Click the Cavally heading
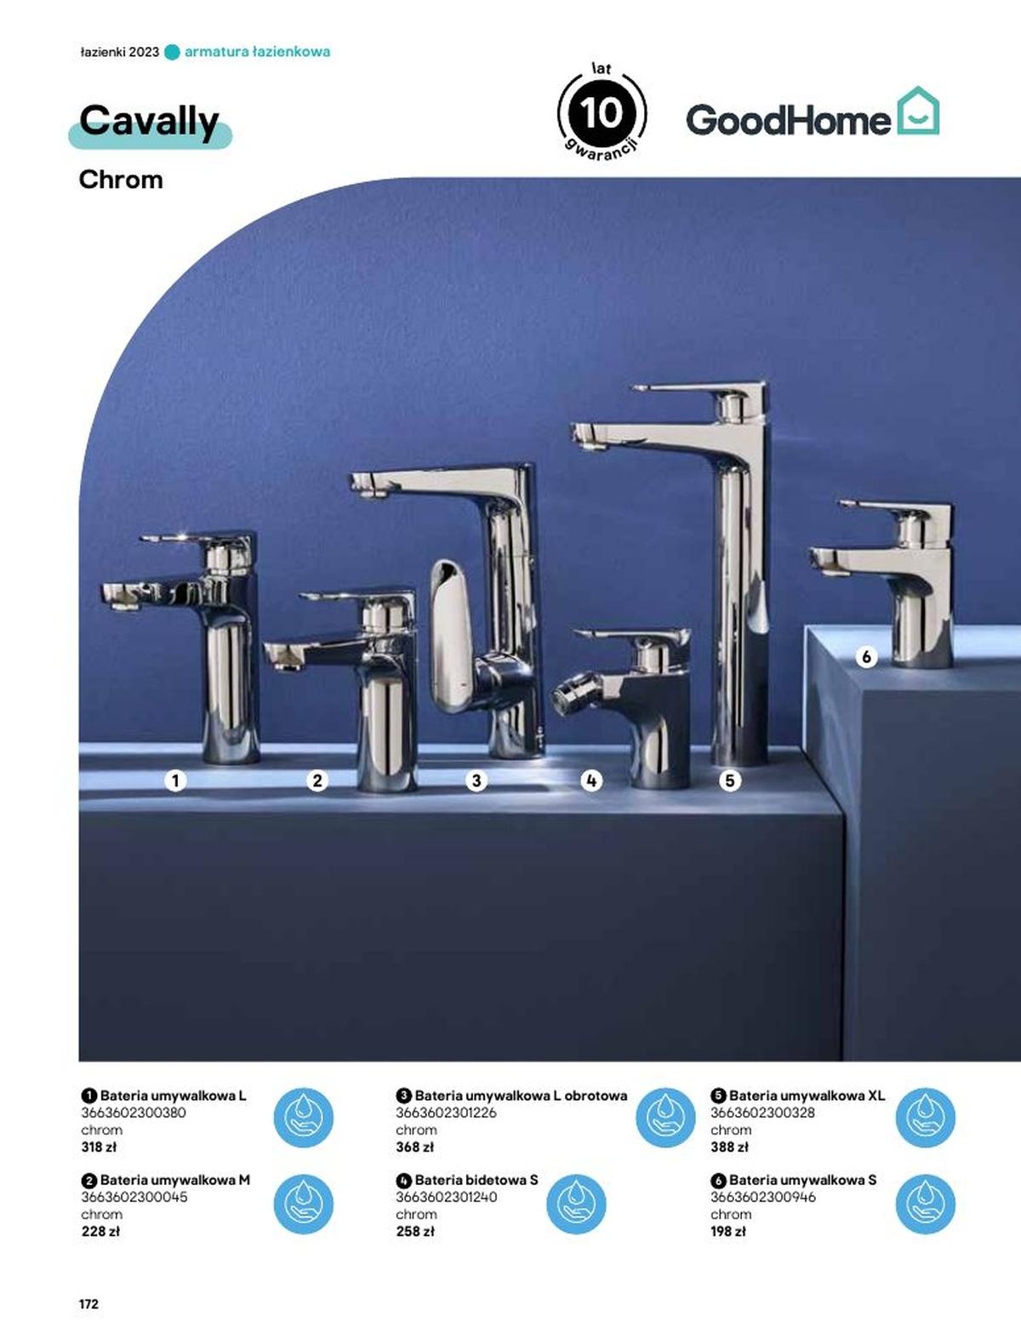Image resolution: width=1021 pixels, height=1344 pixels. [150, 122]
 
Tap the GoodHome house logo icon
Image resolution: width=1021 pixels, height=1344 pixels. [918, 111]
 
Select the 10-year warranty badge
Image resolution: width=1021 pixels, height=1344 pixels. [602, 112]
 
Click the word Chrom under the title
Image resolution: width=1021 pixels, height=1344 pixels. [121, 180]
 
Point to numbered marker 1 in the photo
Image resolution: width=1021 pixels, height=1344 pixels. [175, 781]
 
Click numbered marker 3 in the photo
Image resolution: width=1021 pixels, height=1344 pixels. [476, 781]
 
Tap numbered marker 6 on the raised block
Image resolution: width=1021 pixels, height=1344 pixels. [866, 657]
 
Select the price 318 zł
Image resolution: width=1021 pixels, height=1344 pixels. [99, 1147]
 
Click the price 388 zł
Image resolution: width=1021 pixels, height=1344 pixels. [729, 1147]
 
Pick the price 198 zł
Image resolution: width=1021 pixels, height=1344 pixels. [727, 1232]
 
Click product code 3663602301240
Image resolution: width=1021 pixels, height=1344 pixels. [446, 1197]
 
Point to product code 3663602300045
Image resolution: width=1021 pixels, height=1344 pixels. [134, 1197]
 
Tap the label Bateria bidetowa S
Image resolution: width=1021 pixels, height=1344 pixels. [476, 1180]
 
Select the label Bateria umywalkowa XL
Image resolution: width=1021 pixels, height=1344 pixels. [807, 1095]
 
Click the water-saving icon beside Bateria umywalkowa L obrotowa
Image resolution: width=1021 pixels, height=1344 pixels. [665, 1118]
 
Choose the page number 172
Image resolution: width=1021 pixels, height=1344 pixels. [88, 1304]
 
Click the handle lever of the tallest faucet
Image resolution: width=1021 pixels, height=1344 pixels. [698, 389]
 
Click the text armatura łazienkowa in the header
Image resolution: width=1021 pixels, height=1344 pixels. [257, 52]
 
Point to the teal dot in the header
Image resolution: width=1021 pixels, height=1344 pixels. [172, 52]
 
